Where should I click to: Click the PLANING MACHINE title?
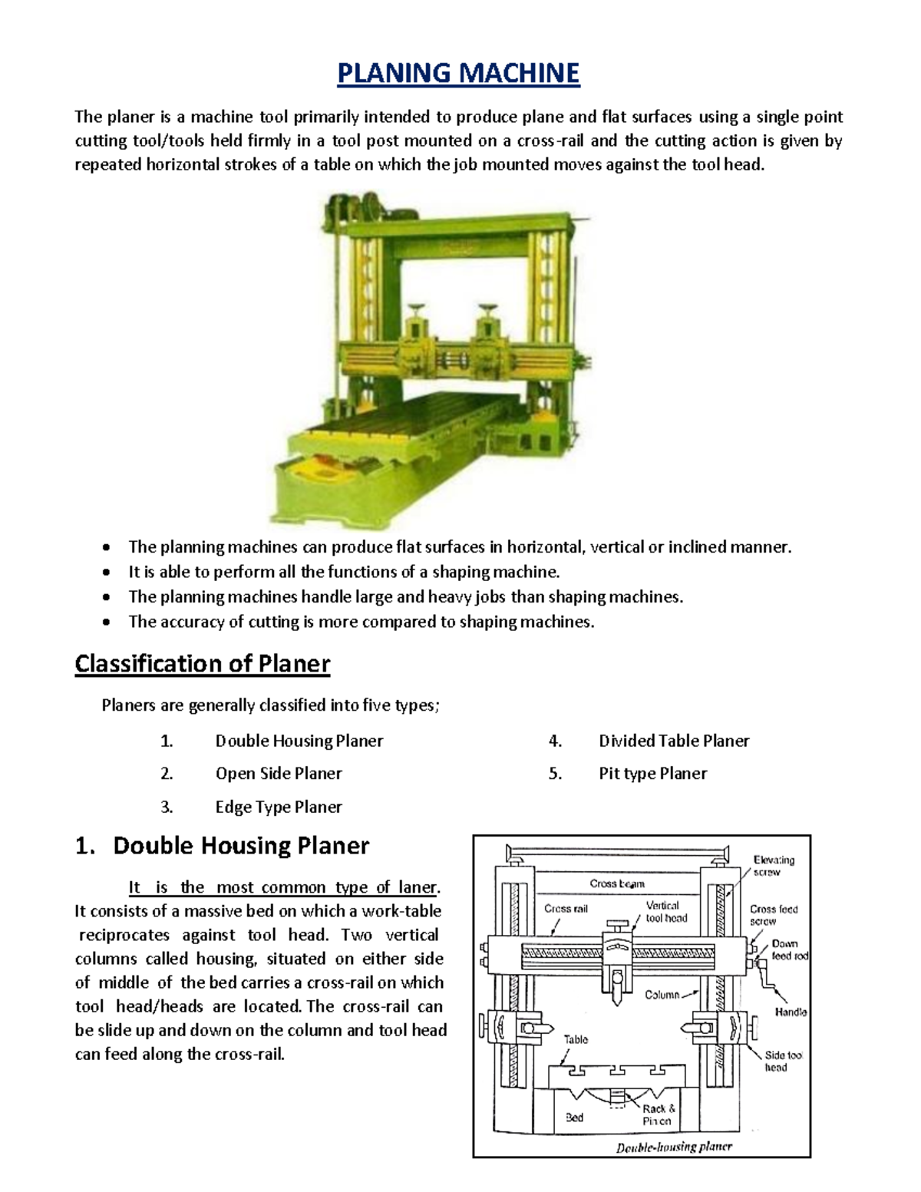tap(459, 74)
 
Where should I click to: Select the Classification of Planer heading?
tap(202, 663)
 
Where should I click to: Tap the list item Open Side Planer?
tap(279, 774)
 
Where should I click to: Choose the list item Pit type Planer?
tap(652, 774)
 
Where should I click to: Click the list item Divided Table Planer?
tap(674, 741)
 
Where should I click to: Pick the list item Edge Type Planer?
tap(279, 807)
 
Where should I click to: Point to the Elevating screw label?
tap(773, 866)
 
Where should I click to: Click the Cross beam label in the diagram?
tap(617, 883)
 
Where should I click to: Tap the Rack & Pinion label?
tap(659, 1114)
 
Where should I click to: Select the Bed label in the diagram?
tap(574, 1118)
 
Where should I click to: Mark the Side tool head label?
tap(782, 1061)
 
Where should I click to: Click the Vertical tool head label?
tap(665, 912)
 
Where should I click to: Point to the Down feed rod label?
tap(789, 949)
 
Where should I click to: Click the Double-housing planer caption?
tap(674, 1147)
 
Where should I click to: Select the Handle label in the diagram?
tap(790, 1012)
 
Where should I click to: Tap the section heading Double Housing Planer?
tap(240, 846)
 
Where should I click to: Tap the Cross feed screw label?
tap(773, 915)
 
